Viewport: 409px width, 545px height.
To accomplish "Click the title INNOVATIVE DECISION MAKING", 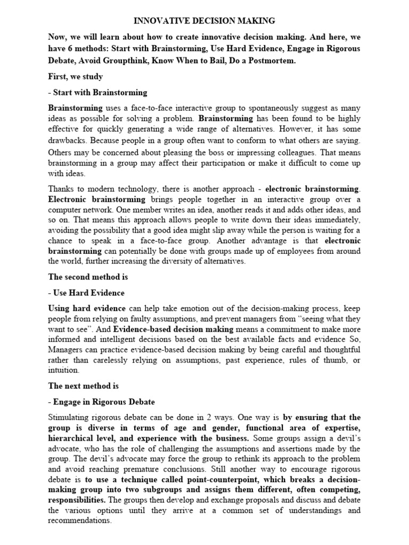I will coord(204,21).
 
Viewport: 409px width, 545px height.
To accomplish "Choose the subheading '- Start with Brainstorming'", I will coord(97,93).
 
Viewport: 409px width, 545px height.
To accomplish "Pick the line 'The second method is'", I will coord(88,277).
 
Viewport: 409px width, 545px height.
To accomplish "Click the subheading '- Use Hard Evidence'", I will coord(86,293).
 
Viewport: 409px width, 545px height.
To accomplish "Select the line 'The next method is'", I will coord(83,386).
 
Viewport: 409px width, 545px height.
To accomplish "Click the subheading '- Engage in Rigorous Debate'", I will coord(101,401).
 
